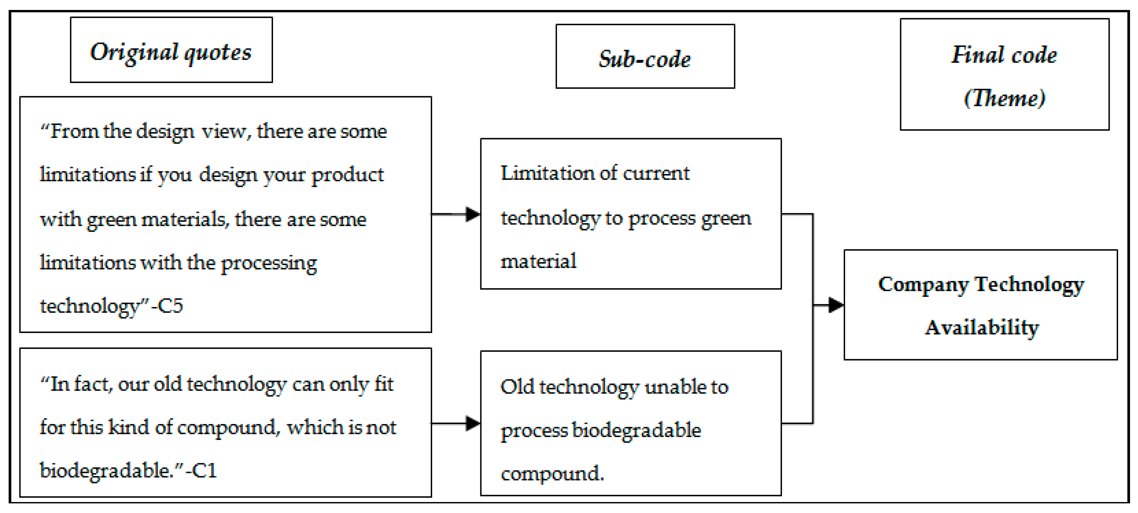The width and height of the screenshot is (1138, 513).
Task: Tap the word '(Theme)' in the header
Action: pos(1004,98)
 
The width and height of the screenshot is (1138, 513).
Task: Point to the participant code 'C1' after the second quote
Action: pos(204,470)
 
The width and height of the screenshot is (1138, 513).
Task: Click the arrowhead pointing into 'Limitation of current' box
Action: pos(473,214)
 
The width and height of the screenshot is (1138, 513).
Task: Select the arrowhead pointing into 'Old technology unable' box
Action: pos(473,423)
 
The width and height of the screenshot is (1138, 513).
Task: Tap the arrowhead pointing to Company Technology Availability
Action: pos(835,304)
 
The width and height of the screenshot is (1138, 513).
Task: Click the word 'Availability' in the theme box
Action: pos(982,328)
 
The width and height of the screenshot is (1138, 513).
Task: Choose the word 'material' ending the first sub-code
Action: pos(538,261)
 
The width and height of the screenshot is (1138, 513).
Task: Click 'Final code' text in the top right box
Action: pos(1004,55)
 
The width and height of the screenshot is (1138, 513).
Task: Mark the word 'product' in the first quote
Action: pos(348,175)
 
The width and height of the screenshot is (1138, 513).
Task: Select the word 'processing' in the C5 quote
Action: pos(269,263)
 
